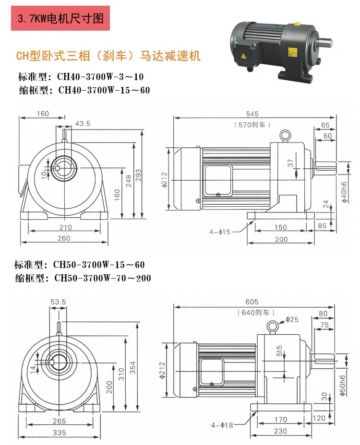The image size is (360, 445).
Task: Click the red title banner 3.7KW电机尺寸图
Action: tap(60, 18)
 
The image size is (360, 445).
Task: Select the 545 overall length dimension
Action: tap(252, 114)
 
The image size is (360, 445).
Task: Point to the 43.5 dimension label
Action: tap(83, 123)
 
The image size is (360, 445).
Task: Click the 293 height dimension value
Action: tap(138, 176)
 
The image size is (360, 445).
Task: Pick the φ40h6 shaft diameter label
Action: tap(344, 192)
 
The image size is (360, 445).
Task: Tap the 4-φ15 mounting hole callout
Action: tap(220, 232)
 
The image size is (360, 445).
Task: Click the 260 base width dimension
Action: tap(64, 238)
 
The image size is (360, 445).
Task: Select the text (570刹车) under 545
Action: tap(252, 125)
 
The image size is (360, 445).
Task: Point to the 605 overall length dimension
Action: tap(252, 302)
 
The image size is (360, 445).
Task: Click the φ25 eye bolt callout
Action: tap(292, 319)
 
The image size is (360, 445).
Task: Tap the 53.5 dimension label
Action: tap(58, 302)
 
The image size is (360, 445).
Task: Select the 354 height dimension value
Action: tap(132, 367)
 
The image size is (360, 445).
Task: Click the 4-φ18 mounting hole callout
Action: tap(222, 425)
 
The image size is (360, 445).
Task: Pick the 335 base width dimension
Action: tap(59, 433)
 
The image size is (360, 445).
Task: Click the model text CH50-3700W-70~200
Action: tap(103, 278)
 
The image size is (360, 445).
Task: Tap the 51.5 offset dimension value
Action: tap(279, 351)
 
